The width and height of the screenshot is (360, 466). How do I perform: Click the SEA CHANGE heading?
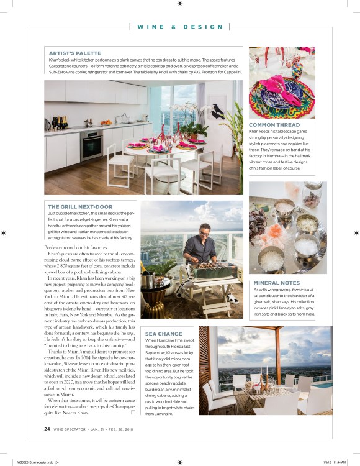[163, 334]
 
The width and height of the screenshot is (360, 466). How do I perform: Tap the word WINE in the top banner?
[150, 27]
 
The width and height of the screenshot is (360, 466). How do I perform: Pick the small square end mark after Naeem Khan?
[133, 413]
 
